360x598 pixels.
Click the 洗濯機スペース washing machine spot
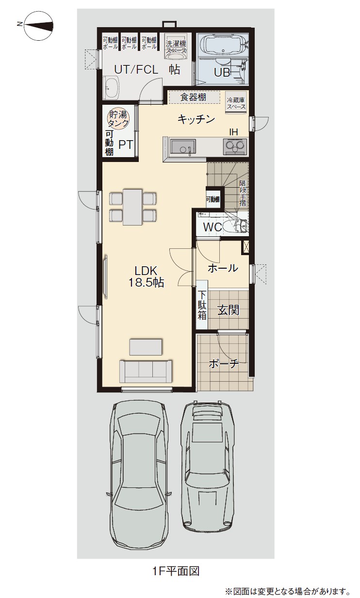coord(175,47)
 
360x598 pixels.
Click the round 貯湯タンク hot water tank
coord(117,119)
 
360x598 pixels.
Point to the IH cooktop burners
coord(235,146)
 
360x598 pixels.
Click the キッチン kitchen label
coord(196,119)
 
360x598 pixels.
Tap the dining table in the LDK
coord(132,207)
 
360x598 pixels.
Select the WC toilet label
coord(212,227)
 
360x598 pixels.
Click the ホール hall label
coord(223,268)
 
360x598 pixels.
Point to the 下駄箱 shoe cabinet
coord(202,305)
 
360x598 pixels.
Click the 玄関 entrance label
coord(228,310)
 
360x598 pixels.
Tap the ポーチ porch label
coord(224,363)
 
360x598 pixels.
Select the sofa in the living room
coord(146,372)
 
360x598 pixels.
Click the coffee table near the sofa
coord(146,347)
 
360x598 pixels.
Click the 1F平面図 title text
coord(176,571)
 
